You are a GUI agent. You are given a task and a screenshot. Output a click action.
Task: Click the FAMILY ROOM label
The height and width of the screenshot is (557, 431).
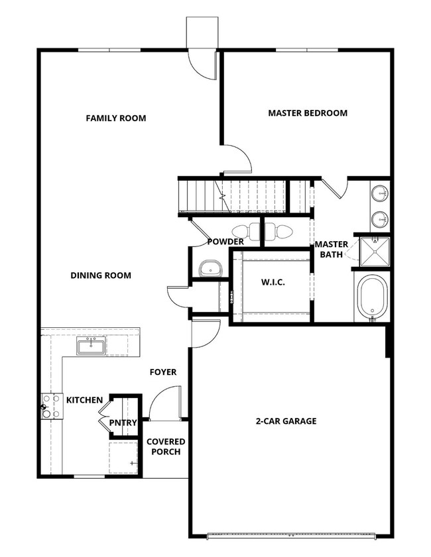click(x=116, y=119)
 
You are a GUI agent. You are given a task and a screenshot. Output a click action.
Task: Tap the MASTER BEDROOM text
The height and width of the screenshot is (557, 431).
click(x=308, y=113)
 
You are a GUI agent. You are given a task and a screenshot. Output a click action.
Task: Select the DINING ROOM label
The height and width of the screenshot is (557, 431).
click(x=101, y=276)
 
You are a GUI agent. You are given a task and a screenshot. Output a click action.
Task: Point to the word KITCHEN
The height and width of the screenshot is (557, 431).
click(x=84, y=400)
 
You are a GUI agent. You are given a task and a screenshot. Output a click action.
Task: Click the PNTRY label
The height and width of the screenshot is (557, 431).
click(x=123, y=423)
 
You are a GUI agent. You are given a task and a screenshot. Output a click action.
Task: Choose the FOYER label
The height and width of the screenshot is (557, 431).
click(x=163, y=372)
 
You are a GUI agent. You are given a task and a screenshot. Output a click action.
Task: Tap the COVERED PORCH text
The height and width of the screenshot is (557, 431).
click(x=166, y=447)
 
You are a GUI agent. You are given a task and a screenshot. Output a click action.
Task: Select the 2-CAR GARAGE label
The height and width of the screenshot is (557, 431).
click(x=286, y=421)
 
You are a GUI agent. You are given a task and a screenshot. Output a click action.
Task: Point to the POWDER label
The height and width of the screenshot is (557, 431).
click(x=225, y=242)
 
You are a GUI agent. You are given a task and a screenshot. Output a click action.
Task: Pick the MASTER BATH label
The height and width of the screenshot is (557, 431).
click(x=331, y=250)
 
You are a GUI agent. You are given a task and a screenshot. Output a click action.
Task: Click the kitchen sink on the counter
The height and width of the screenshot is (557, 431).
click(x=90, y=346)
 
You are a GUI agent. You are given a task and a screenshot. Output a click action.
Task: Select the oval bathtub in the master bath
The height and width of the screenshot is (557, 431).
click(x=372, y=295)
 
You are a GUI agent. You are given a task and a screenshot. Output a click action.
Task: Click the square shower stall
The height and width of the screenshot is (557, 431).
click(x=374, y=252)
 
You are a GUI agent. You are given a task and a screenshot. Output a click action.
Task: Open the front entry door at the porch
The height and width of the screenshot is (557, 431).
click(x=164, y=405)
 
